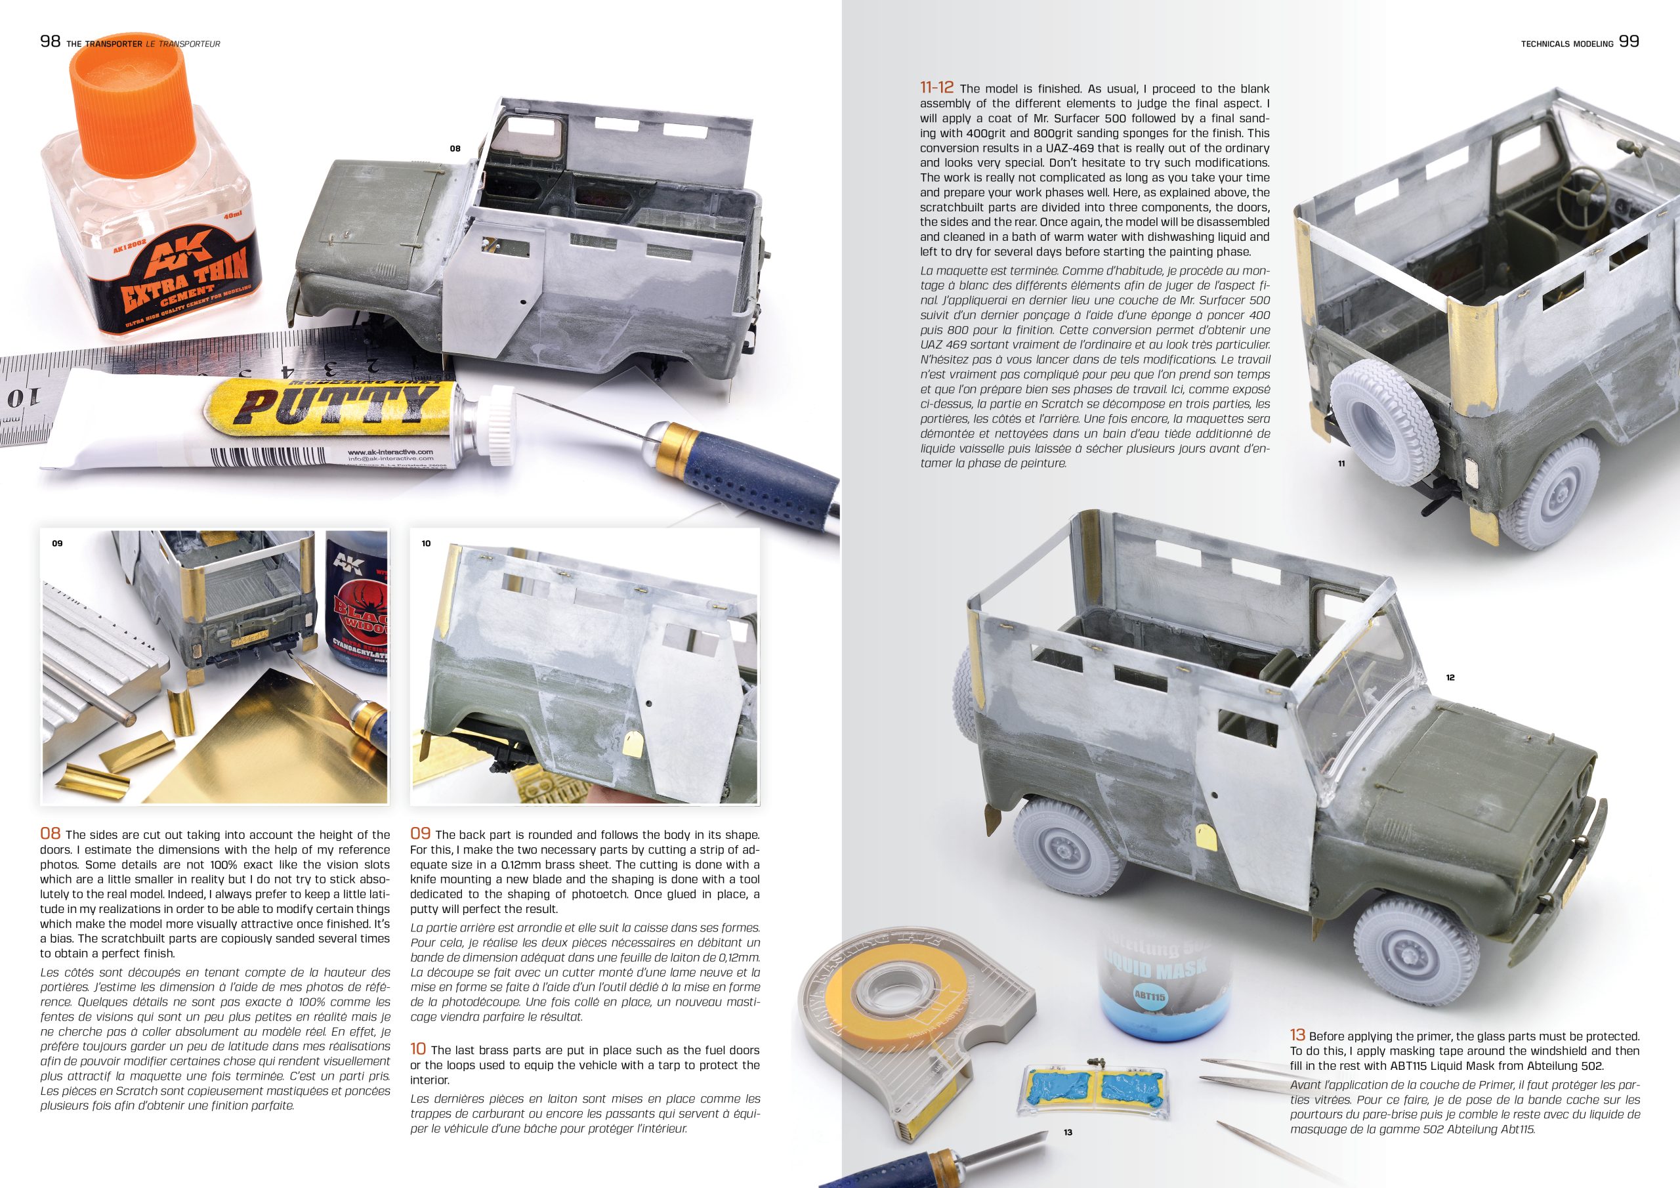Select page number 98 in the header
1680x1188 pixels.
(50, 43)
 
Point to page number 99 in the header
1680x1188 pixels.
(1629, 42)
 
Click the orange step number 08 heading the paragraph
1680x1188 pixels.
(50, 834)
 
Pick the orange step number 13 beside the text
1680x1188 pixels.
(1297, 1035)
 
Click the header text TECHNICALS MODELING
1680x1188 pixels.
(1567, 44)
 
